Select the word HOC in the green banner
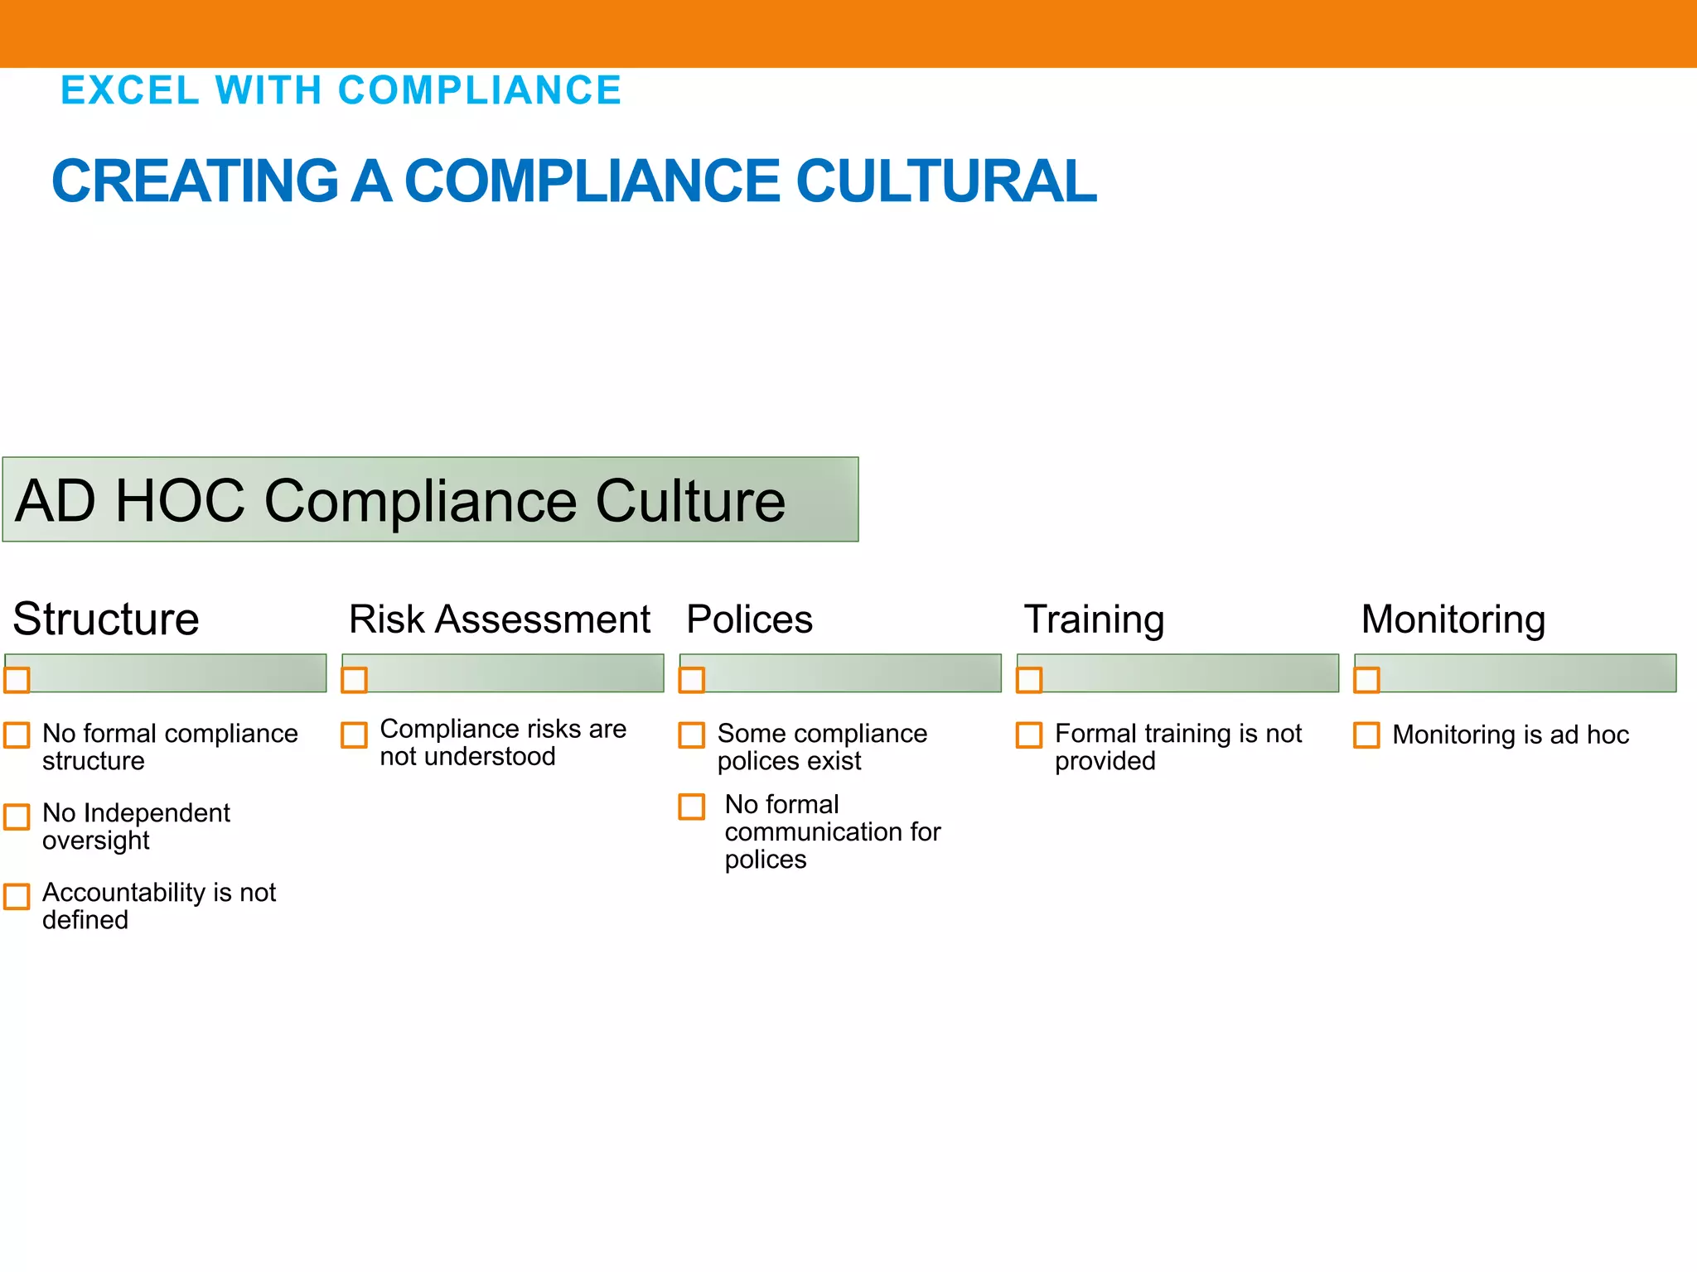click(180, 501)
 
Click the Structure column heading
click(106, 619)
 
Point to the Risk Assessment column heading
click(500, 619)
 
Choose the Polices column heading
click(749, 619)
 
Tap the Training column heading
click(1094, 619)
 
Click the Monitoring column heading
click(1453, 619)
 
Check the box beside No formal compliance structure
click(17, 735)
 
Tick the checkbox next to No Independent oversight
click(17, 817)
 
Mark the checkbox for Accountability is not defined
click(17, 896)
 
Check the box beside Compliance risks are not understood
click(355, 735)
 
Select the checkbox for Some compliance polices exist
click(692, 735)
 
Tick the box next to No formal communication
click(692, 807)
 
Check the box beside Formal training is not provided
click(1029, 735)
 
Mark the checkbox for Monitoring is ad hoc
click(1366, 735)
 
